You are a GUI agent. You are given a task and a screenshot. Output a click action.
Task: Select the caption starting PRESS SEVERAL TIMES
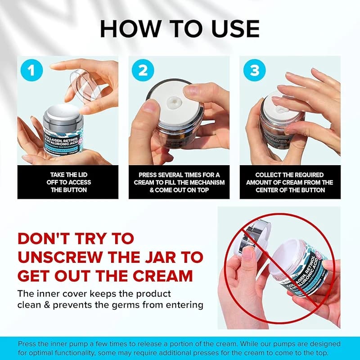pos(179,182)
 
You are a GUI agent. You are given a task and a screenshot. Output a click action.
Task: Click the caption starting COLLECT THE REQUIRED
pos(290,182)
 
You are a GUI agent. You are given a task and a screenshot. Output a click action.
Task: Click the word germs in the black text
pos(145,305)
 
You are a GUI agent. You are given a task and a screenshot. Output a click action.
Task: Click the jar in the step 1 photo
pos(63,130)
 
